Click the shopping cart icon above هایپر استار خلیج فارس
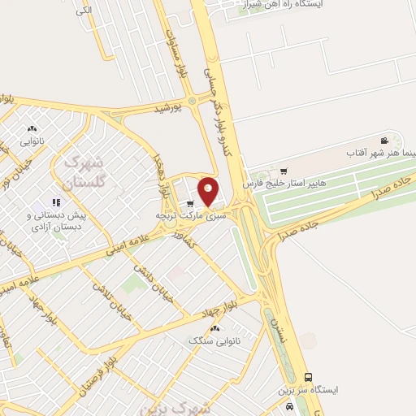pos(283,171)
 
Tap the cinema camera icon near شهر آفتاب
pos(383,141)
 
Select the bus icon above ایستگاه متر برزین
pos(307,377)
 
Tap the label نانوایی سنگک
pos(216,340)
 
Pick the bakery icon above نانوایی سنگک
pos(215,328)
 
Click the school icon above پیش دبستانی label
pos(56,202)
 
